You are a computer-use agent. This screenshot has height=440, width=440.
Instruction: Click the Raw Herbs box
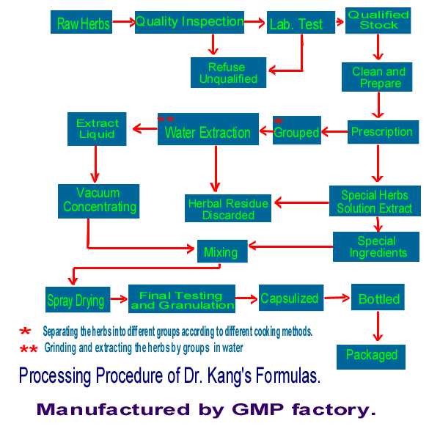pyautogui.click(x=82, y=23)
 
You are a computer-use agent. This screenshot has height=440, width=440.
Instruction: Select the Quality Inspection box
pyautogui.click(x=189, y=22)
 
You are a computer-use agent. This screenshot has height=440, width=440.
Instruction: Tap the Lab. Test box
pyautogui.click(x=296, y=24)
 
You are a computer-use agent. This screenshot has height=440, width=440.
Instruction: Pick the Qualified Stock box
pyautogui.click(x=378, y=20)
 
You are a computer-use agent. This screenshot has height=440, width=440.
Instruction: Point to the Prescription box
pyautogui.click(x=381, y=132)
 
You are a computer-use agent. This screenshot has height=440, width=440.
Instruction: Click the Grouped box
pyautogui.click(x=296, y=132)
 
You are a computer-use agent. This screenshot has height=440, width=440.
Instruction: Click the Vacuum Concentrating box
pyautogui.click(x=99, y=199)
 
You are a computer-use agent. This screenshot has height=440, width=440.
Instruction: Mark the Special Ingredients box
pyautogui.click(x=376, y=246)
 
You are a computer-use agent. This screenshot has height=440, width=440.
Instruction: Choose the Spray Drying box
pyautogui.click(x=75, y=300)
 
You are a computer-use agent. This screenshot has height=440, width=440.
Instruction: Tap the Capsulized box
pyautogui.click(x=289, y=298)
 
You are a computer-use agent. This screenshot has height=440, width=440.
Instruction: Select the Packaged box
pyautogui.click(x=371, y=356)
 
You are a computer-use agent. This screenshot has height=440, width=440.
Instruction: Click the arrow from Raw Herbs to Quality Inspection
pyautogui.click(x=123, y=23)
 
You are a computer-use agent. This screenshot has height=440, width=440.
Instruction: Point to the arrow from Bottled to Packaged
pyautogui.click(x=377, y=326)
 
